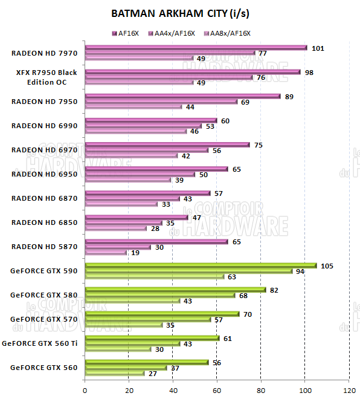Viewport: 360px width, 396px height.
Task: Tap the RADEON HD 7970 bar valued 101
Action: [x=196, y=47]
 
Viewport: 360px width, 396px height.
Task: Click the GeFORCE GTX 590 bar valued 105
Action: [x=201, y=265]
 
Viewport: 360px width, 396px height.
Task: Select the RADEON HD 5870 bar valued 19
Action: [x=106, y=252]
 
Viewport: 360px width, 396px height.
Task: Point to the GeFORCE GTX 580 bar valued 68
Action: [x=160, y=295]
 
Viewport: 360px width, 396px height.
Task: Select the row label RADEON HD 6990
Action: [x=44, y=126]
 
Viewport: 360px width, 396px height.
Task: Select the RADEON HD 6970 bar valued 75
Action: [x=167, y=144]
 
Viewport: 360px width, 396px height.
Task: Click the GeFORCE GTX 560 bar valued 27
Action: [x=115, y=373]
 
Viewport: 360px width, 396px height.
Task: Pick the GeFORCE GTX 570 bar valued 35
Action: [x=124, y=325]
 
